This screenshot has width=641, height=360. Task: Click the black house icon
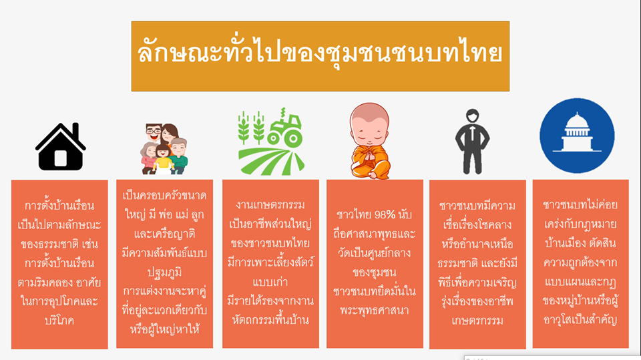[61, 146]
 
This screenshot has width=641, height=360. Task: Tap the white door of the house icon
[61, 158]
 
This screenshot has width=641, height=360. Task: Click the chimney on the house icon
[75, 131]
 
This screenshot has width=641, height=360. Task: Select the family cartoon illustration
[164, 149]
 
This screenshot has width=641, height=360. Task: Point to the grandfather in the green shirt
[179, 156]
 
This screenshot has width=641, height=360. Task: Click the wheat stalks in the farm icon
[251, 128]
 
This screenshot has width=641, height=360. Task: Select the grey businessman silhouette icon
[472, 142]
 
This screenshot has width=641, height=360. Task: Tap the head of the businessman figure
[472, 116]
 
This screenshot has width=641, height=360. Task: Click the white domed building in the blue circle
[577, 132]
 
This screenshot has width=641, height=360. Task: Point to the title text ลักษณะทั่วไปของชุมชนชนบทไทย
[320, 53]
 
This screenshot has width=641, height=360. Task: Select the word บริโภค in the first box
[59, 321]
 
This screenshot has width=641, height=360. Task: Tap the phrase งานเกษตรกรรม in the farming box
[270, 204]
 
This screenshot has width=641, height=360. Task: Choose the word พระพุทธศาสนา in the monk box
[374, 311]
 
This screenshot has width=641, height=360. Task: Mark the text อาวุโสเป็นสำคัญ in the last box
[580, 320]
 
